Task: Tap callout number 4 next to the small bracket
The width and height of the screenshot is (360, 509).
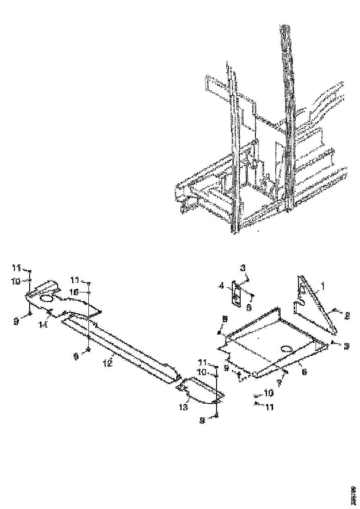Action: click(222, 286)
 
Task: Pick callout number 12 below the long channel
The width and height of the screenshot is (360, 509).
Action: click(107, 363)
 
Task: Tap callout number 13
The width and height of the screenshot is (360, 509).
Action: click(183, 407)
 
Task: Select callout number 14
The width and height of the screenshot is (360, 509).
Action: click(43, 325)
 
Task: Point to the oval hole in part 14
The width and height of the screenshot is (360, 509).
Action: click(47, 300)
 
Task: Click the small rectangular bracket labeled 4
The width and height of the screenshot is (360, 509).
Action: click(237, 295)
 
